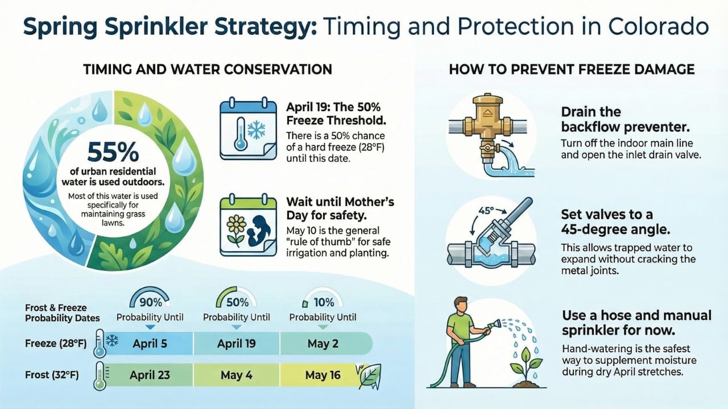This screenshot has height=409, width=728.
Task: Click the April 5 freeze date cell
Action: pos(150,343)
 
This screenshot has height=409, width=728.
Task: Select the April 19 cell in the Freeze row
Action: pos(237,343)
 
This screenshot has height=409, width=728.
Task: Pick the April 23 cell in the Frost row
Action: pos(150,375)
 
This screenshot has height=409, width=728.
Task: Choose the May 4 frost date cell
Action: pos(237,375)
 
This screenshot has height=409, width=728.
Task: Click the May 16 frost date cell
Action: pos(323,375)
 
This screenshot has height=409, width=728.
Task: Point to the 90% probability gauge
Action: pos(150,300)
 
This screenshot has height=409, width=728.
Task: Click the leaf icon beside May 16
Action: pos(370,375)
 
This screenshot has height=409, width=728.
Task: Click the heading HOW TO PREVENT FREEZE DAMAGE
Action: pos(571,69)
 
